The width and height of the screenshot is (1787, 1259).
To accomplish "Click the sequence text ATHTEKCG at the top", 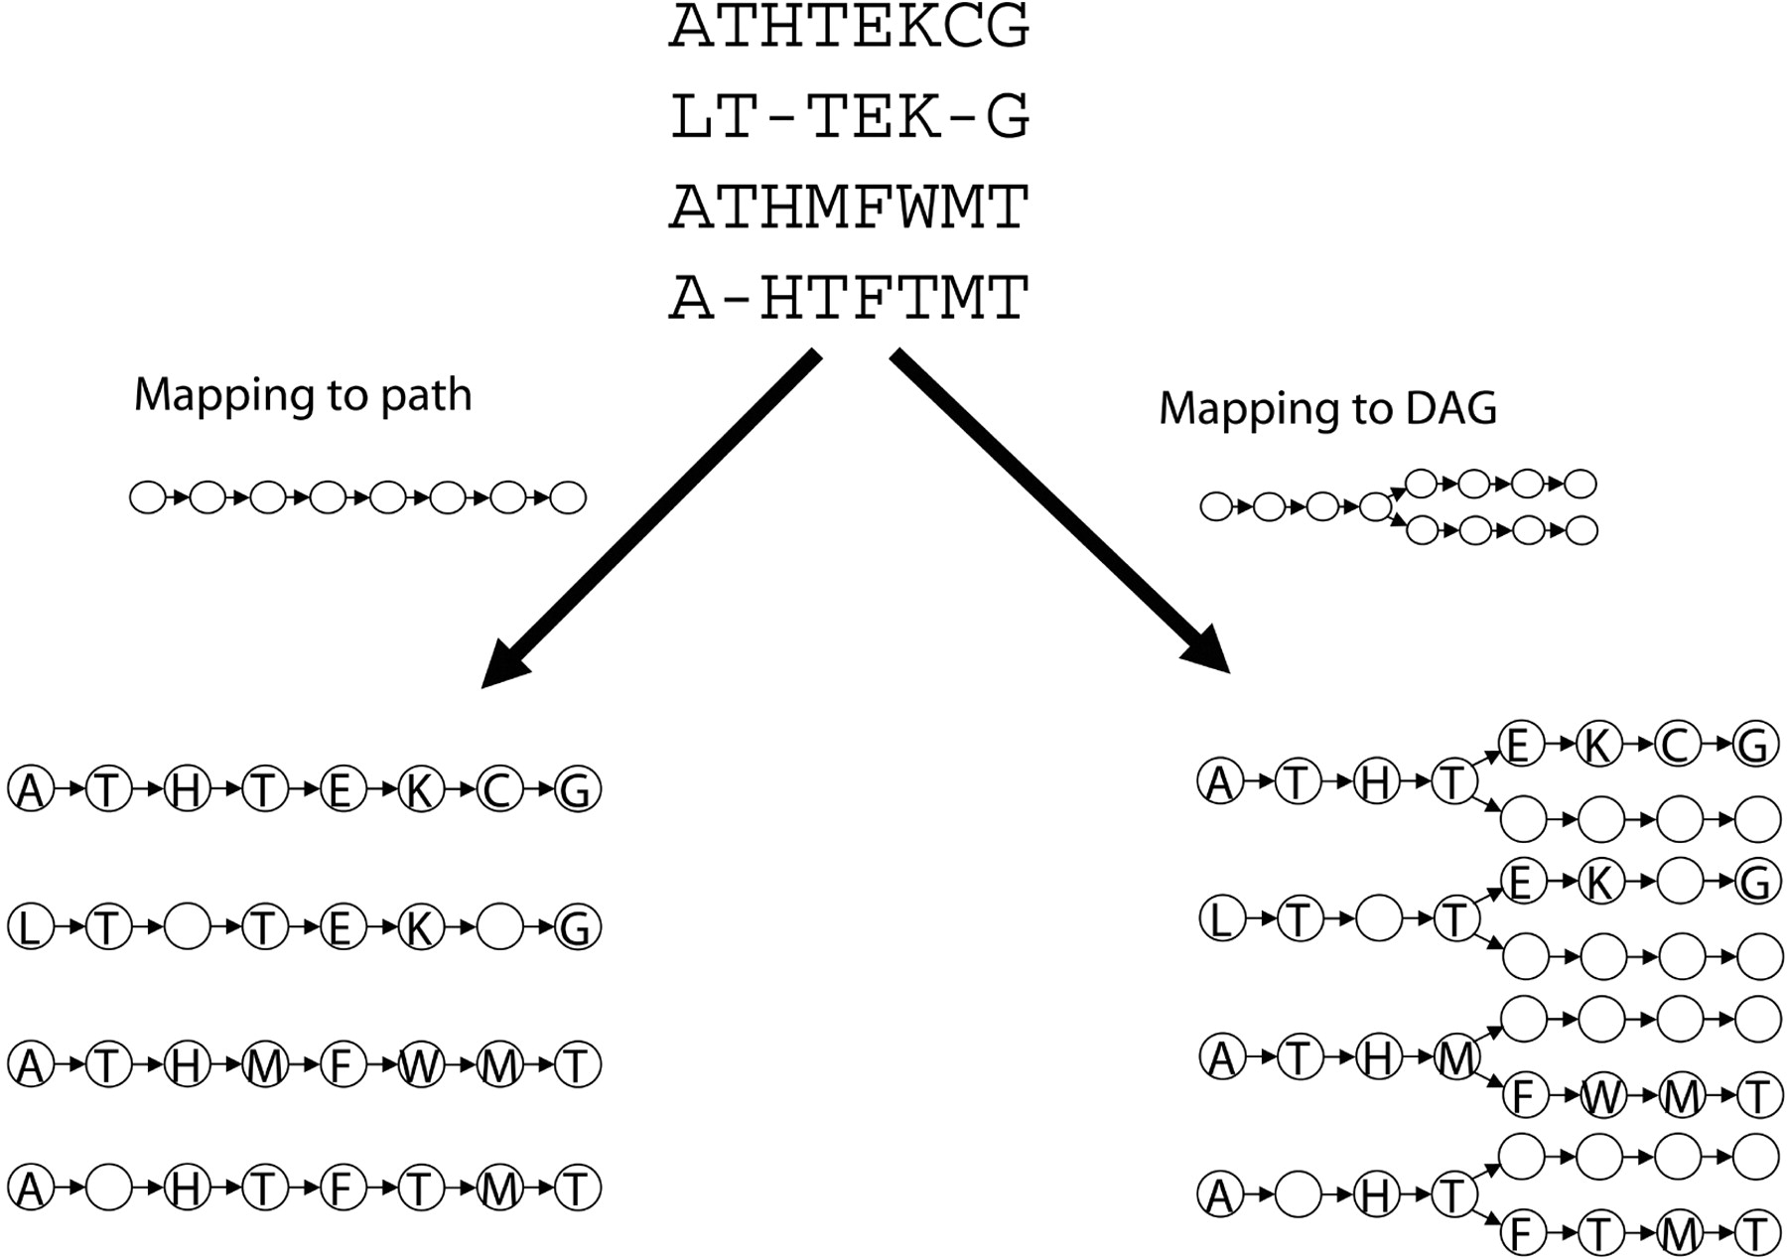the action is click(x=850, y=27).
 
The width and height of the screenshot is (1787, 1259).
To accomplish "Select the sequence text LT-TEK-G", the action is click(x=850, y=116).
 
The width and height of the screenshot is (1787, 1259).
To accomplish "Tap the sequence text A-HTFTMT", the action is click(x=850, y=297).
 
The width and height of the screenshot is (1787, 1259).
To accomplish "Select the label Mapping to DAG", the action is click(x=1327, y=408).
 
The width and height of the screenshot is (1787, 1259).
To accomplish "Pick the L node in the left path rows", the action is click(x=31, y=927).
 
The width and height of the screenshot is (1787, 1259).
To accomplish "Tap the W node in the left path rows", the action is click(x=420, y=1065).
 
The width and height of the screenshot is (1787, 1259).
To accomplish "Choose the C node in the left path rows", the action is click(x=498, y=789).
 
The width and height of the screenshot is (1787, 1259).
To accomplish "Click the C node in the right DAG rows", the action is click(x=1678, y=745).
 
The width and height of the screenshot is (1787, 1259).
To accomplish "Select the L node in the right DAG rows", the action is click(x=1221, y=919).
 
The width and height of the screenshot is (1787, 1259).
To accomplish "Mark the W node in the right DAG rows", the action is click(x=1601, y=1096).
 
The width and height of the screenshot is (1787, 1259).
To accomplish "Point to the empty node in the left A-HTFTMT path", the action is click(x=109, y=1188).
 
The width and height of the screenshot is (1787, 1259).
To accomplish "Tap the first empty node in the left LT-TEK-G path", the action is click(x=187, y=927).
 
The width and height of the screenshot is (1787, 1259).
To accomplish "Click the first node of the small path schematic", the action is click(x=148, y=497).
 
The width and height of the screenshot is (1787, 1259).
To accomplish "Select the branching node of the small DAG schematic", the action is click(x=1376, y=506).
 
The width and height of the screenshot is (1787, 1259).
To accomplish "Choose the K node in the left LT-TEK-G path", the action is click(x=420, y=927).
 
